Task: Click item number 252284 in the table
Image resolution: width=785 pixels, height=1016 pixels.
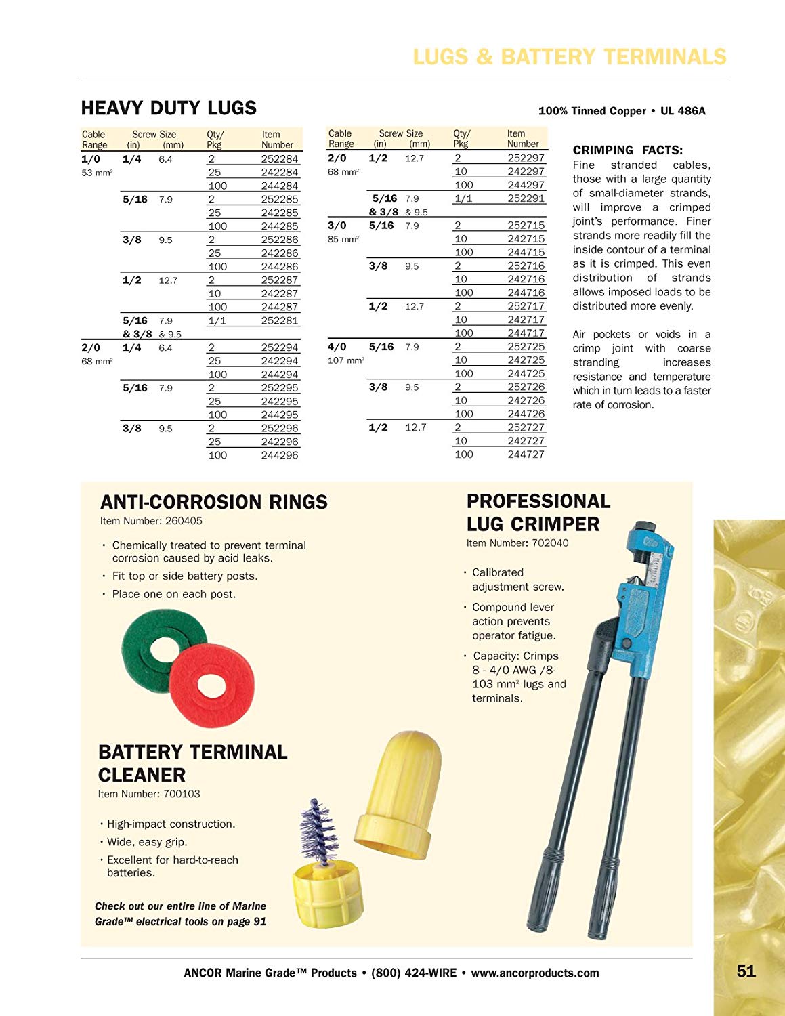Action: pos(279,159)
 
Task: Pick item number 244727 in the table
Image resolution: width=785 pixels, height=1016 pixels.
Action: pos(526,454)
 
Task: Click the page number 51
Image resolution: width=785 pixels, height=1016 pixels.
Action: pos(746,971)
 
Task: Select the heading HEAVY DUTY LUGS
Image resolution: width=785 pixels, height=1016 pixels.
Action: pos(169,108)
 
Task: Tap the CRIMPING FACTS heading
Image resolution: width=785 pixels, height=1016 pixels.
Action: pos(628,150)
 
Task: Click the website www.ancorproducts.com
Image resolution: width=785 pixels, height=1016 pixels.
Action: pos(535,973)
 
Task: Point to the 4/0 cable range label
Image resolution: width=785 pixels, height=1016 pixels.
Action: pos(337,347)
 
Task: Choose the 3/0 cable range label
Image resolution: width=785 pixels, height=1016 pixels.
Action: pos(337,226)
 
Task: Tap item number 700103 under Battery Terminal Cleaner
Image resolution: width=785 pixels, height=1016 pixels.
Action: pos(182,794)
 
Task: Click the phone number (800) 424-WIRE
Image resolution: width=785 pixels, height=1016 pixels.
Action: pos(414,973)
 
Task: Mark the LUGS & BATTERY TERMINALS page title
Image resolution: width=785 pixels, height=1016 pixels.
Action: pos(569,57)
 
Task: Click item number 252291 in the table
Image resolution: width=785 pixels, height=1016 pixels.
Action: pos(526,198)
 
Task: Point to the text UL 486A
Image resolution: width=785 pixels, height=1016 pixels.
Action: pos(683,111)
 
